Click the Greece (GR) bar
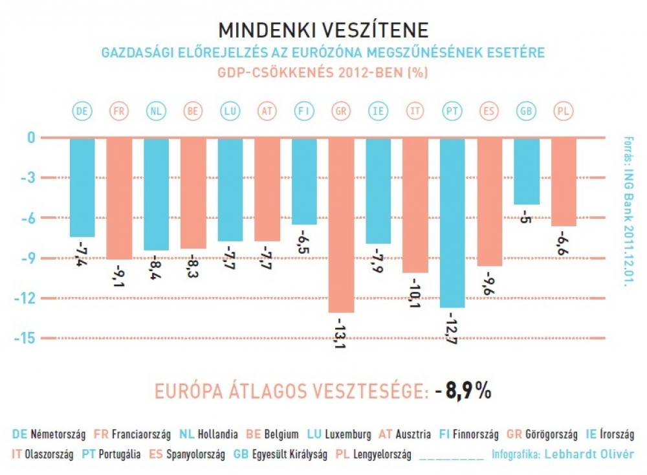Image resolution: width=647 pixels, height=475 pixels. (341, 225)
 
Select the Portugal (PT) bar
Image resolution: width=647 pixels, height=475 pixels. (452, 223)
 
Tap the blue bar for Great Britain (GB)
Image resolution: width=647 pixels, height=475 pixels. (527, 171)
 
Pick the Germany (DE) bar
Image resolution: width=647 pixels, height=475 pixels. (82, 188)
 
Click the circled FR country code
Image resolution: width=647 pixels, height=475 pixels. (119, 111)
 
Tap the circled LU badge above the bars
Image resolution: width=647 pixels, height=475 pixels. (230, 111)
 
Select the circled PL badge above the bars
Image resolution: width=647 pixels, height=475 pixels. (564, 111)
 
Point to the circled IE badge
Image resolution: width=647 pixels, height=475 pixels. (378, 111)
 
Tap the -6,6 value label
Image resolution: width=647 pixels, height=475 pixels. (564, 241)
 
